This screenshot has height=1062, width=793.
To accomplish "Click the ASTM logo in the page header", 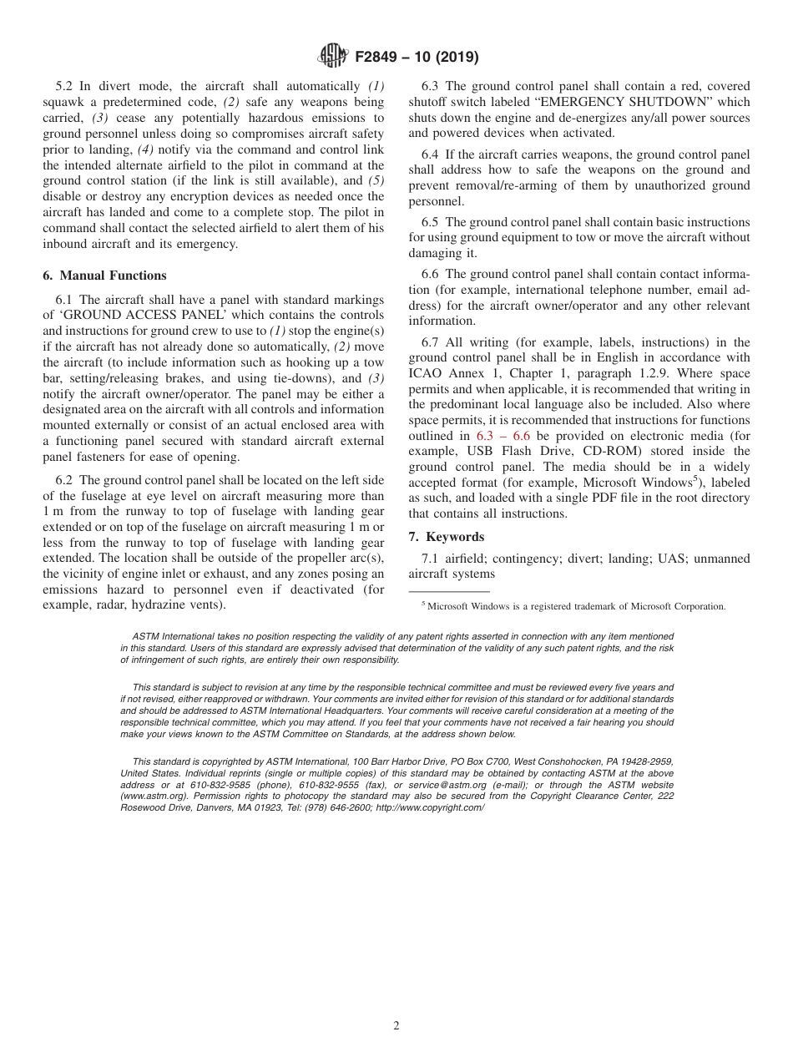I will [x=332, y=57].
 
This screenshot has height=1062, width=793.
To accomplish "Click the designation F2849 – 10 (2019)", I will [x=416, y=58].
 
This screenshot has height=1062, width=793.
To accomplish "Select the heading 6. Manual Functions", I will [x=104, y=276].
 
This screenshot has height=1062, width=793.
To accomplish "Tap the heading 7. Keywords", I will [x=446, y=537].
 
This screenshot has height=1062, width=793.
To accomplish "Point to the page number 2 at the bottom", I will [x=396, y=1026].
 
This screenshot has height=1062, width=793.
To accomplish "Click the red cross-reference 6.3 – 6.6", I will [x=503, y=436].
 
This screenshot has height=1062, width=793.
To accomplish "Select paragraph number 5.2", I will [x=64, y=86].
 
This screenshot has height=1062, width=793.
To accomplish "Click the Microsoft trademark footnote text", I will [x=576, y=606].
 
